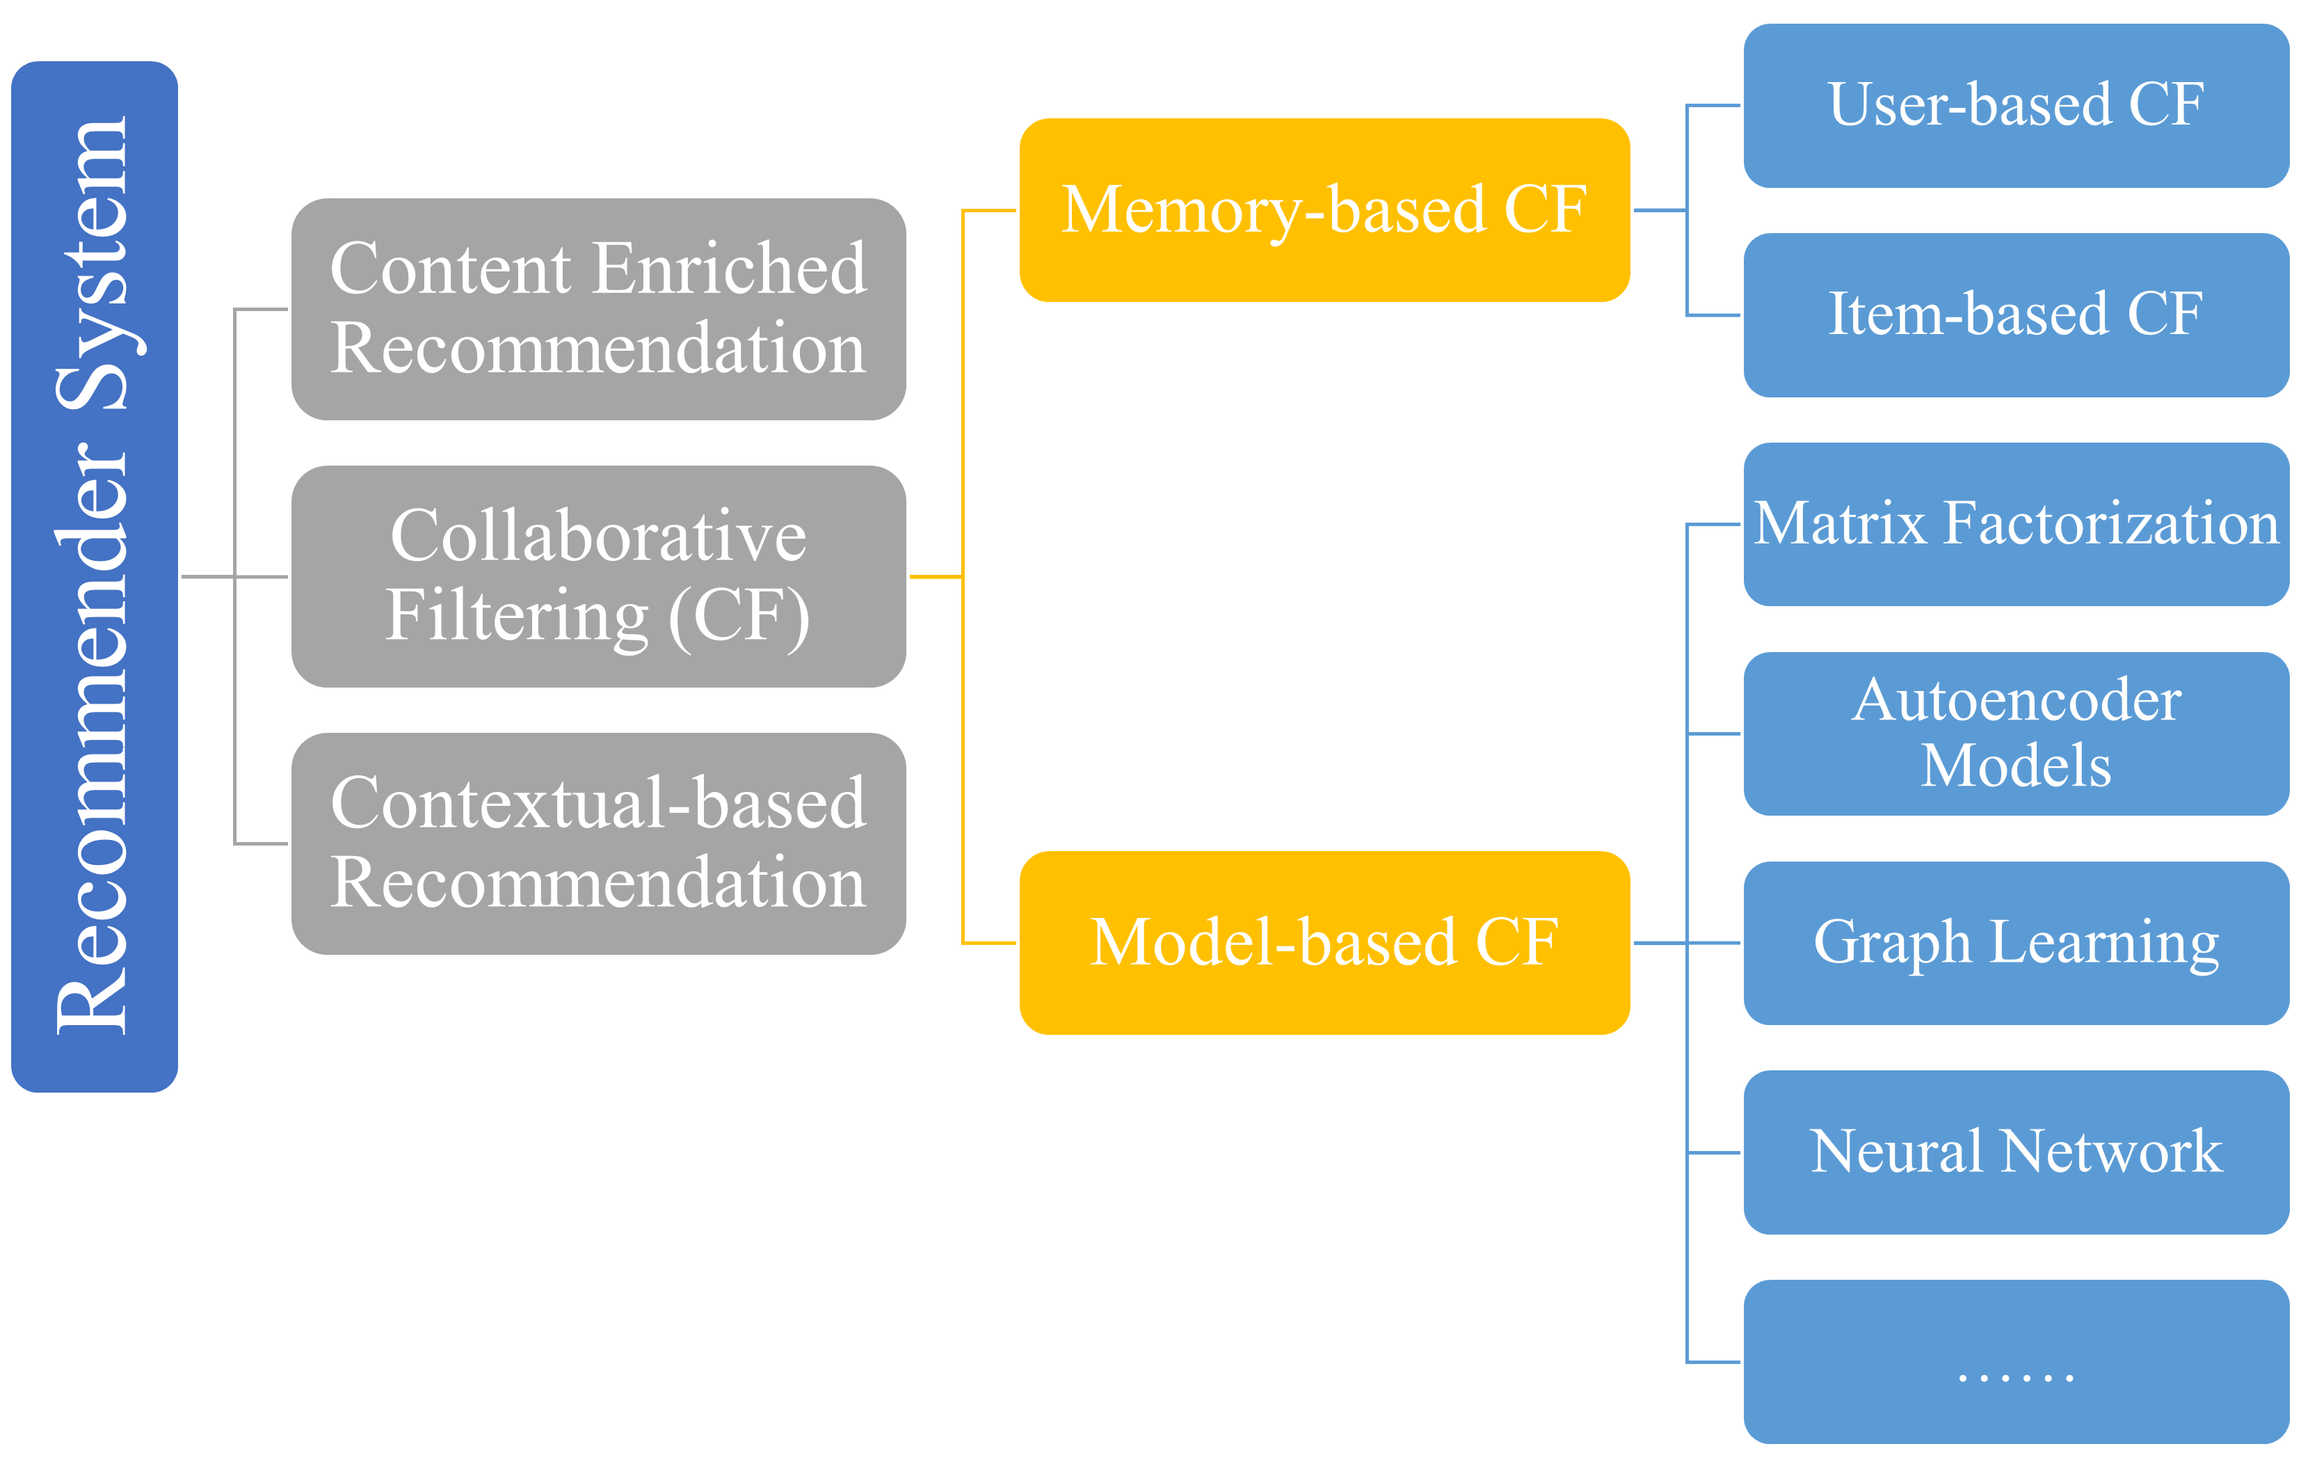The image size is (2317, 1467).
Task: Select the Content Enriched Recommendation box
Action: coord(598,309)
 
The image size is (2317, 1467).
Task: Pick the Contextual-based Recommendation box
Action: coord(598,843)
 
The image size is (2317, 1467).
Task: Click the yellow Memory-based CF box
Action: coord(1324,210)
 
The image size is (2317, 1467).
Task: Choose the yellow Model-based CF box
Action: coord(1324,942)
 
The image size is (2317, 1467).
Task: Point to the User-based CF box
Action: coord(2016,105)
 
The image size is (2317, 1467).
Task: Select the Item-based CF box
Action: coord(2016,315)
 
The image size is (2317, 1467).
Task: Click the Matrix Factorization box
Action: coord(2016,525)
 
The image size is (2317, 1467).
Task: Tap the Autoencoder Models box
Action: coord(2016,733)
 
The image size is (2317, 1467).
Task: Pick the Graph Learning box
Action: coord(2016,942)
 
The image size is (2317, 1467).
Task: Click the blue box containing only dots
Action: coord(2016,1361)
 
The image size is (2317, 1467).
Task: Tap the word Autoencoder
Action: coord(2016,700)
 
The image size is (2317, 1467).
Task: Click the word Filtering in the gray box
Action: coord(518,616)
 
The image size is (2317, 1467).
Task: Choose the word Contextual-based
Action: coord(598,804)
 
